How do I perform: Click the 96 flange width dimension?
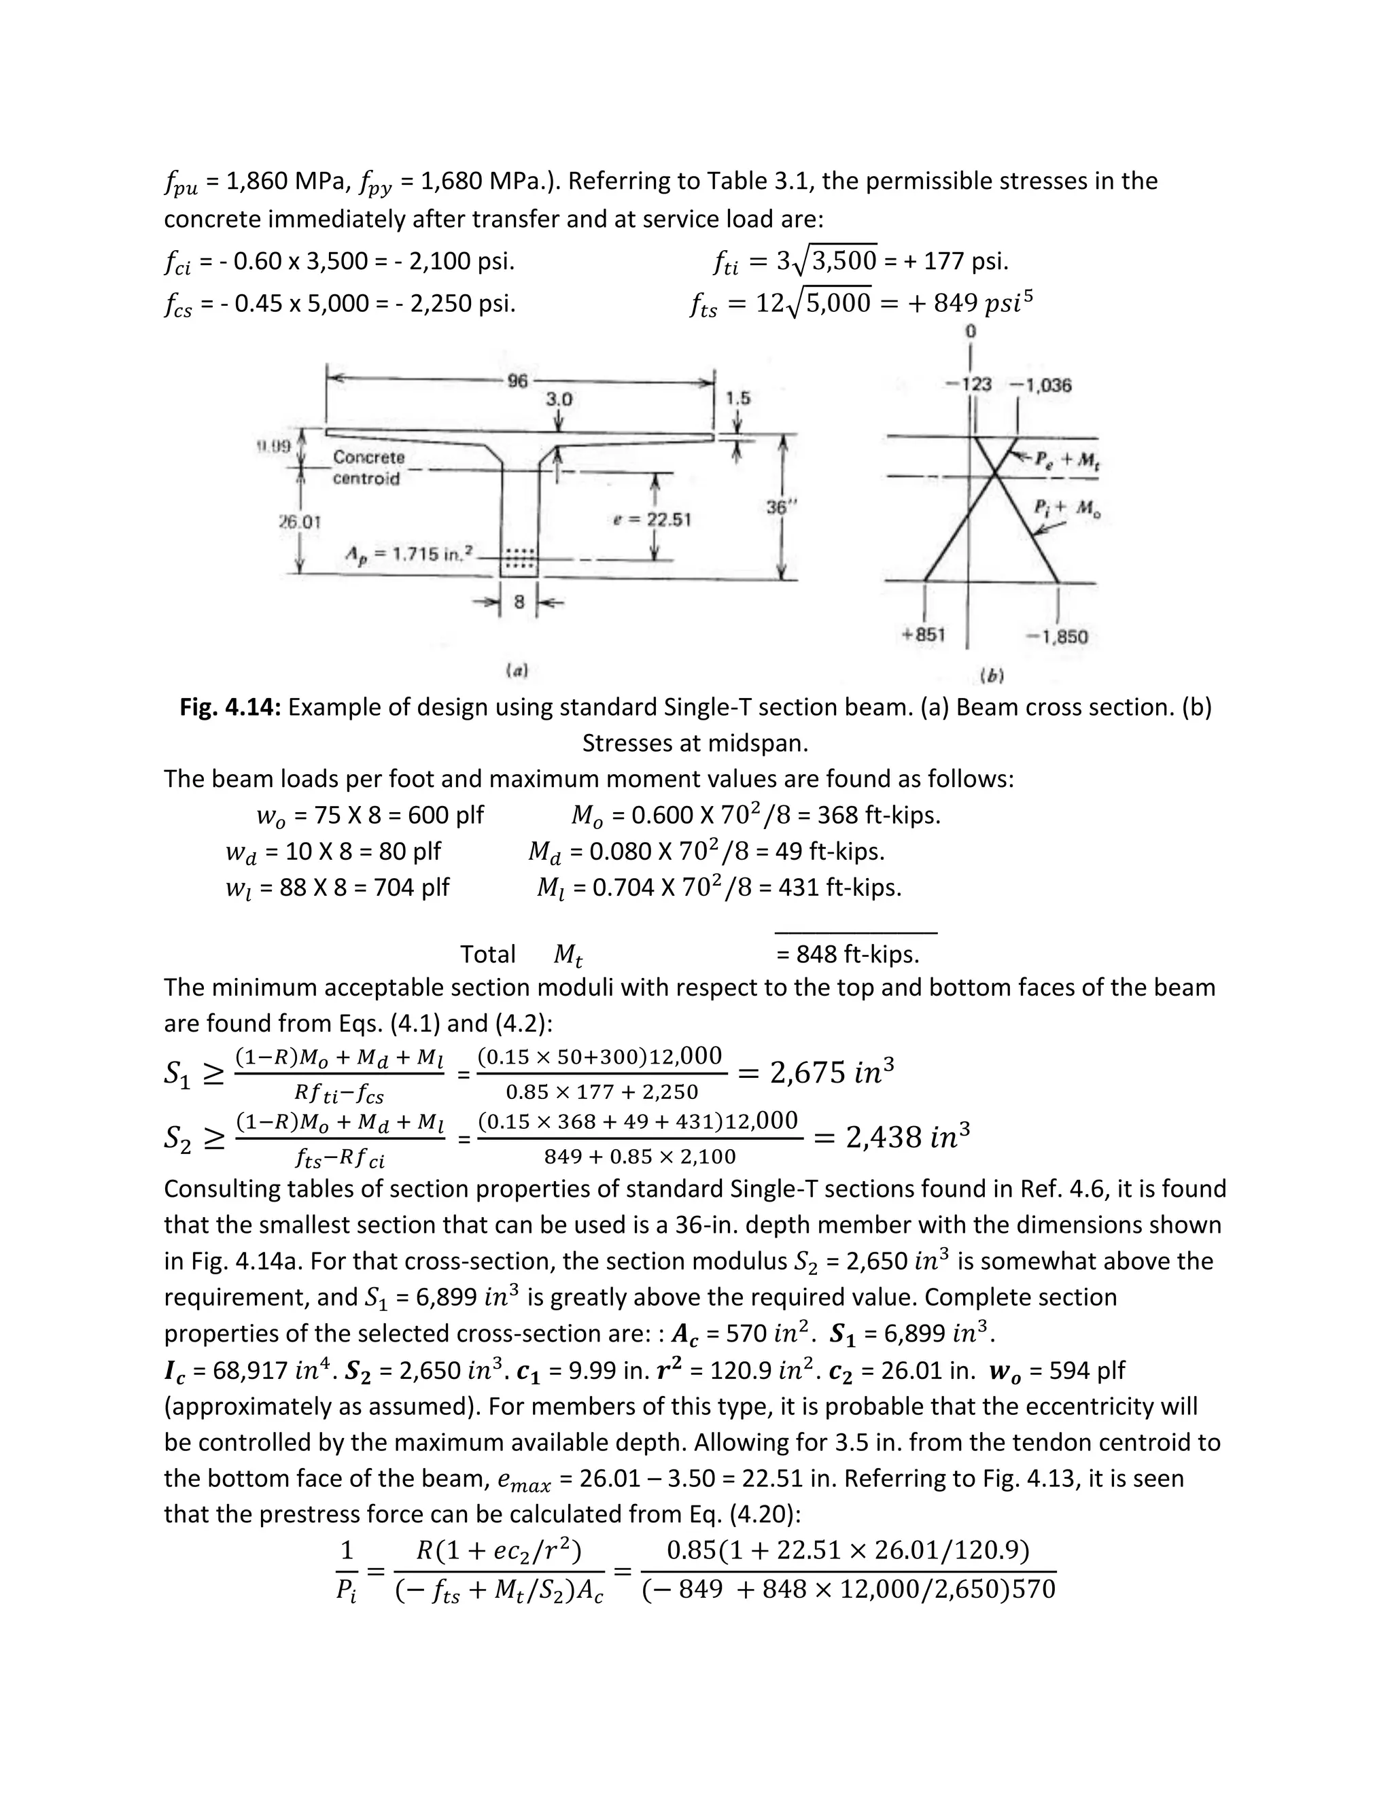point(517,381)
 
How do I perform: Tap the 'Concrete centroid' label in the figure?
point(368,468)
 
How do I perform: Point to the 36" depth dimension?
point(777,508)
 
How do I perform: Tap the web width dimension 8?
point(519,603)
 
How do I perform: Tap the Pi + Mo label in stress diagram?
point(1067,510)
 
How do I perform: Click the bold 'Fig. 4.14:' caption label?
point(231,707)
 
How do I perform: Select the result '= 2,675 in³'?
point(815,1072)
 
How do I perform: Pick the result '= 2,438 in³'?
point(890,1137)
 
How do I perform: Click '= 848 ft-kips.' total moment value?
point(847,955)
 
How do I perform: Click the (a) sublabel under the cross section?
point(517,671)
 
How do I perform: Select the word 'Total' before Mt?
point(487,955)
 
